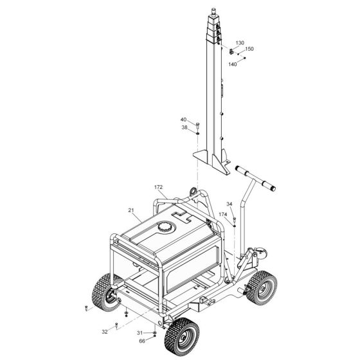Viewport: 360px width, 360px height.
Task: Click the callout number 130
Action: [x=240, y=43]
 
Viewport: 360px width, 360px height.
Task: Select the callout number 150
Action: [x=249, y=49]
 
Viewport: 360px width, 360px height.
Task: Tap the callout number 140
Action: [x=232, y=64]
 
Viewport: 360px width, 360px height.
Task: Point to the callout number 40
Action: [x=183, y=120]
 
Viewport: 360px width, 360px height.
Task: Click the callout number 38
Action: [x=184, y=127]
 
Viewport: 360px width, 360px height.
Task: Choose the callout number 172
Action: [x=158, y=187]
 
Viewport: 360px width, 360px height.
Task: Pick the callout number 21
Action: [x=131, y=210]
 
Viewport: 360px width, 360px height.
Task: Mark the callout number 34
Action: [x=229, y=204]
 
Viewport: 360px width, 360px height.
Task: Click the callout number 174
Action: [x=222, y=214]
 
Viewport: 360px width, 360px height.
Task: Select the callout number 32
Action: [x=105, y=332]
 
